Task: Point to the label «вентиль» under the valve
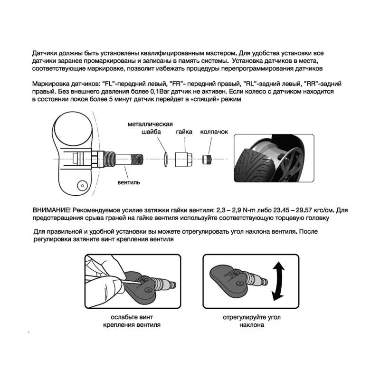pos(128,182)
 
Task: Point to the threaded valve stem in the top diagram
pos(128,158)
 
